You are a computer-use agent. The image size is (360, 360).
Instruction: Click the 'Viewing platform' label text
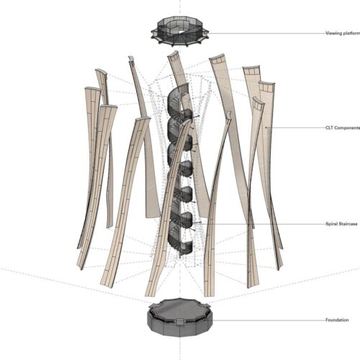343,33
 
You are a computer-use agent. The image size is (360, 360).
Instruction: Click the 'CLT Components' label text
343,127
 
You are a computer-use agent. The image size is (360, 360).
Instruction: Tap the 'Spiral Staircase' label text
341,224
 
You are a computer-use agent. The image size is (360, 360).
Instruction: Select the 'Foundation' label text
337,320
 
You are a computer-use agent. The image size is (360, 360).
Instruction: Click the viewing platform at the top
180,31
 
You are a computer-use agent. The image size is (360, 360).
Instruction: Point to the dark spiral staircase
181,171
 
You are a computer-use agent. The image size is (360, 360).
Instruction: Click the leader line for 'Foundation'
269,320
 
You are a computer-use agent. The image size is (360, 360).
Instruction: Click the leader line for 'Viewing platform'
266,33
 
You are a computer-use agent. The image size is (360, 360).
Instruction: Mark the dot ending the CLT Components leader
266,127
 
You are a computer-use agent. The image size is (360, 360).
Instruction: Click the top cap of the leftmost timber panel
93,89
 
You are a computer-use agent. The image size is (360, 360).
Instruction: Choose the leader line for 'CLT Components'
296,128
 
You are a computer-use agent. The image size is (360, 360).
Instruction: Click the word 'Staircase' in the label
348,224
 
